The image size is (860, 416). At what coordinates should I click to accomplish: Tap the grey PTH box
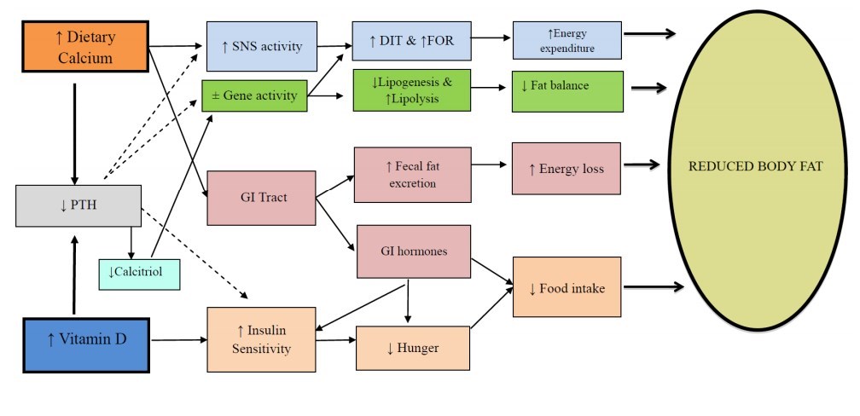coord(78,205)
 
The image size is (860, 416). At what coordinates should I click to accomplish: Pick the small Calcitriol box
coord(139,273)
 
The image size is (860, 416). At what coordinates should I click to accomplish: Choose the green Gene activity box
coord(254,95)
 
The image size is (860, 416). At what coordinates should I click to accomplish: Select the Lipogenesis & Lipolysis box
coord(412,90)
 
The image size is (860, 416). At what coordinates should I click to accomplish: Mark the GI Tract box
coord(261,197)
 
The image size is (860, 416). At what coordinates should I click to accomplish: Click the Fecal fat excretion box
coord(411,175)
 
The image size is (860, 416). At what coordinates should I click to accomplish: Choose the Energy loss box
coord(566,168)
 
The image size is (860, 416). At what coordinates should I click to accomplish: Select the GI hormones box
coord(414,252)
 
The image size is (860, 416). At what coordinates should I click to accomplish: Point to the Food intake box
coord(567,287)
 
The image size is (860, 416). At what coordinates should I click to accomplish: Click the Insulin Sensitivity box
coord(261,340)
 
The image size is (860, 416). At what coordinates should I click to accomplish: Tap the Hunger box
coord(413,348)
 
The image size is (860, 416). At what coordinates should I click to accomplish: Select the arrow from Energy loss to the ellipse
coord(641,165)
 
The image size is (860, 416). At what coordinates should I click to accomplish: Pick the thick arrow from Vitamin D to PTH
coord(75,274)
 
